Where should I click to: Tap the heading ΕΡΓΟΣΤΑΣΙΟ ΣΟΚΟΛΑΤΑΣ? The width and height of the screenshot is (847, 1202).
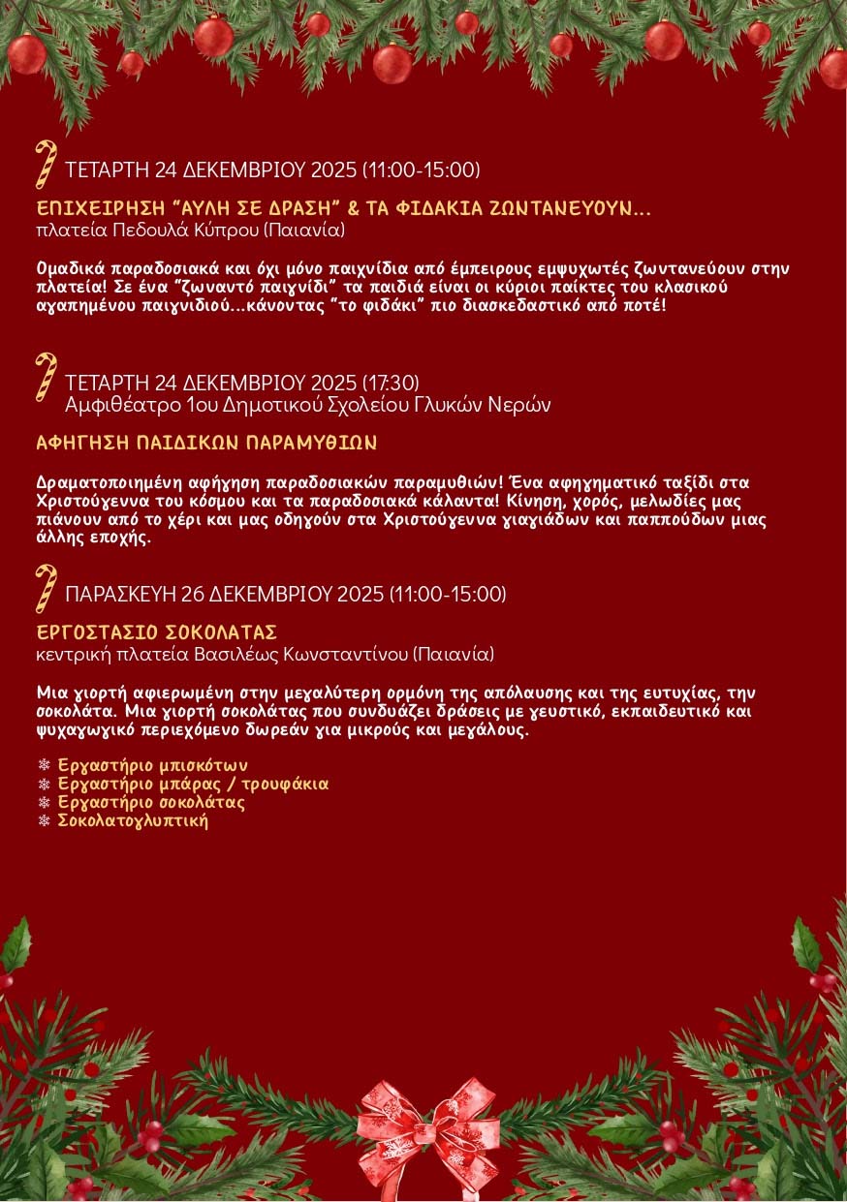[x=157, y=632]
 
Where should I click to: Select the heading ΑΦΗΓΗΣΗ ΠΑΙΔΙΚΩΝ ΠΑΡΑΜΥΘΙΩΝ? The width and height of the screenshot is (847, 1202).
[x=205, y=443]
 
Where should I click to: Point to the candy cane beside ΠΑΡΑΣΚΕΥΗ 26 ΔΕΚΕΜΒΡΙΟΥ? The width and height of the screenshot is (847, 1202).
[x=45, y=589]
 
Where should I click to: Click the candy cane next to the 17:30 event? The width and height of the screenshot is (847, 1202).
[x=45, y=377]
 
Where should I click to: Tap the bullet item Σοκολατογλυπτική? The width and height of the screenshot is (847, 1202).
[x=133, y=820]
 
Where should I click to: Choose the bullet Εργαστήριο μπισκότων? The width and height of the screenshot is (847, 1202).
[x=145, y=765]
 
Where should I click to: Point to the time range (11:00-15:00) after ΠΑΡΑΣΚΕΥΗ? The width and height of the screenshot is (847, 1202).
[x=448, y=594]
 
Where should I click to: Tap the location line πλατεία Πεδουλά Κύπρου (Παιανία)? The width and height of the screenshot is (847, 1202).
[x=190, y=230]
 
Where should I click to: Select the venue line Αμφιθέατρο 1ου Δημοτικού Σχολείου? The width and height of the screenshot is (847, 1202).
[x=307, y=404]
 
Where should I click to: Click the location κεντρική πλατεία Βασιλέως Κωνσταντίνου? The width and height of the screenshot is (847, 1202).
[x=265, y=655]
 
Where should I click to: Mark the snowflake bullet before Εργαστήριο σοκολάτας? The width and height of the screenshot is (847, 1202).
[x=43, y=803]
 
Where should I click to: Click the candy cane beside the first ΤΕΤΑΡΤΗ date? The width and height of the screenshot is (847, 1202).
[x=45, y=165]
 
